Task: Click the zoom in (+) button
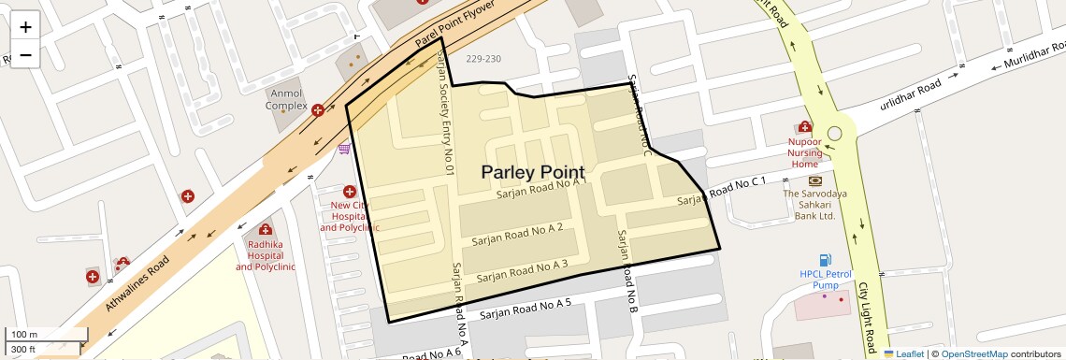25,26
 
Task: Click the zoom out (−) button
25,54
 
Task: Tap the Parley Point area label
533,172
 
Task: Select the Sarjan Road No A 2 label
517,234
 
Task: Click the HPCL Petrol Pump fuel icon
825,259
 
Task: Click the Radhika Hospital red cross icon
265,230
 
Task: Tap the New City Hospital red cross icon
350,191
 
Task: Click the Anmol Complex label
286,100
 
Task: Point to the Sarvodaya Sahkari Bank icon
814,180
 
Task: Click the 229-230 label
483,59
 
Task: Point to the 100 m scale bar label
23,335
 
